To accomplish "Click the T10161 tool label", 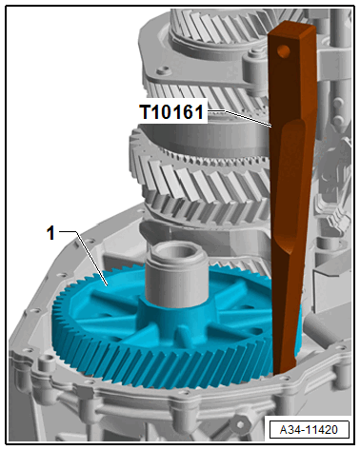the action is [171, 112].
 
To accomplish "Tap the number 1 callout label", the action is [50, 234].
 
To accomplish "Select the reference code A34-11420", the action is [309, 430].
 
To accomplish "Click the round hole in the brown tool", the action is [283, 50].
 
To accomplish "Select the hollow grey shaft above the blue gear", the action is [176, 273].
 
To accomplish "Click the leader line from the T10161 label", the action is [239, 118].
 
